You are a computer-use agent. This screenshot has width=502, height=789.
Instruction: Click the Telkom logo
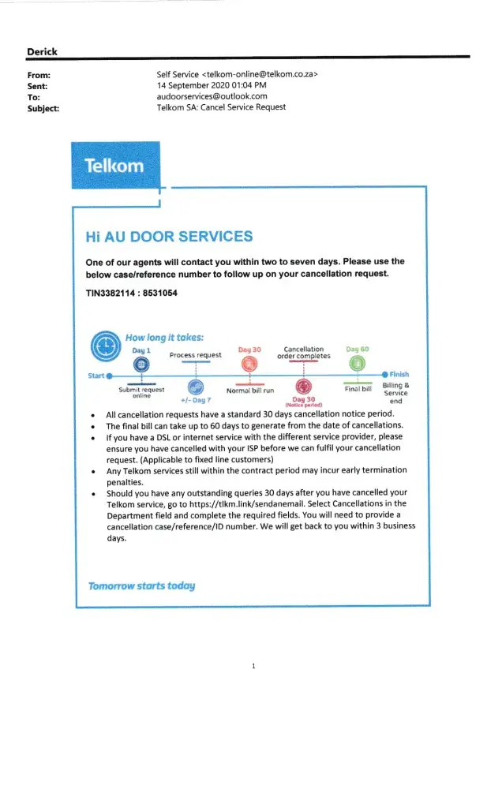[x=115, y=165]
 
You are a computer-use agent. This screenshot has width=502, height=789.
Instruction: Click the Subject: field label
[x=45, y=108]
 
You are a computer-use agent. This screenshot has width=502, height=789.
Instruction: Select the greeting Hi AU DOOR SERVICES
[x=169, y=237]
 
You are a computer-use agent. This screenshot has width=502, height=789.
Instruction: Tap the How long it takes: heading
[x=163, y=338]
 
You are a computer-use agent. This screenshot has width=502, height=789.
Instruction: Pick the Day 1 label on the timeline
[x=141, y=350]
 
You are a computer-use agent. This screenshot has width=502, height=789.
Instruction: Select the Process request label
[x=196, y=355]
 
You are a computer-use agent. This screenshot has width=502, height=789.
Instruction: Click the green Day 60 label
[x=357, y=349]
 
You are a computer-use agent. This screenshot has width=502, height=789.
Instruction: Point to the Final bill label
[x=358, y=388]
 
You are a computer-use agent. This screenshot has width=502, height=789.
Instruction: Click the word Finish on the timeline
[x=399, y=375]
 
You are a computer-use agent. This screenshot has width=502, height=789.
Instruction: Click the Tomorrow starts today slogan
[x=141, y=585]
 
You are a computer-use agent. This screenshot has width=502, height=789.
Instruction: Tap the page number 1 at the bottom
[x=253, y=667]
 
